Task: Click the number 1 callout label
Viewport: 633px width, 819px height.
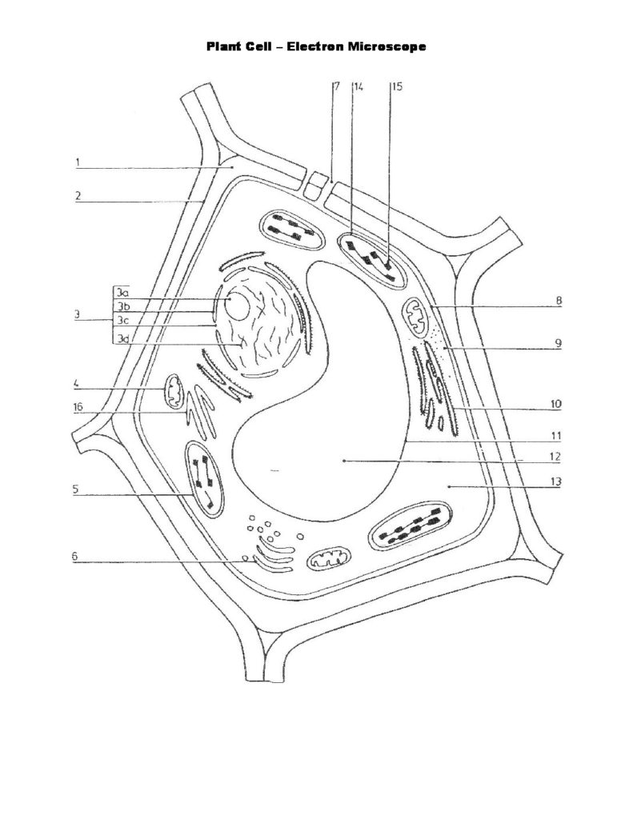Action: (78, 163)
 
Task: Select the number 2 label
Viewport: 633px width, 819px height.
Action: (78, 194)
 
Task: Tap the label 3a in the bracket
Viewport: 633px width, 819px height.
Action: (122, 293)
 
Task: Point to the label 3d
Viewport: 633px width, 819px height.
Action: (122, 338)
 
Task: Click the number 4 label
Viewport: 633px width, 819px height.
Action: (78, 383)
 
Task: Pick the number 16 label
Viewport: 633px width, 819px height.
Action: (78, 406)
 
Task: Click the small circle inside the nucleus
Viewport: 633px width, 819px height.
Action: (238, 304)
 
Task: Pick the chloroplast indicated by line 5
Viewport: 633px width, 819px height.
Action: (204, 478)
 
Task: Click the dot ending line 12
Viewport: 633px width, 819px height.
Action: (343, 461)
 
